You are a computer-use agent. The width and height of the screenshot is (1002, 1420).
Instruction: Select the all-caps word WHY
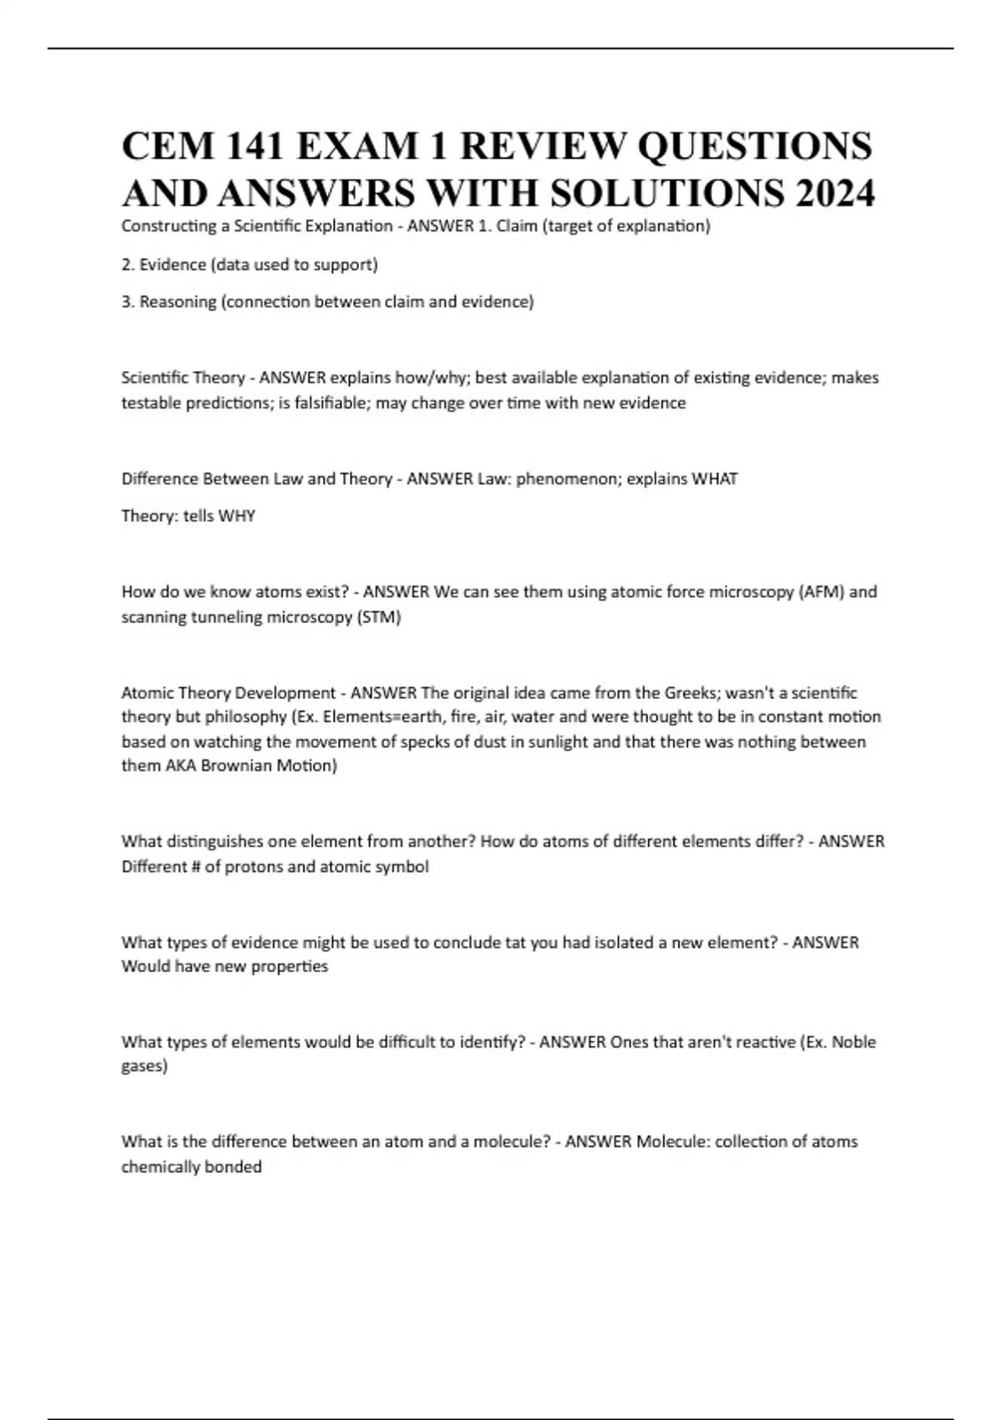(236, 515)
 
